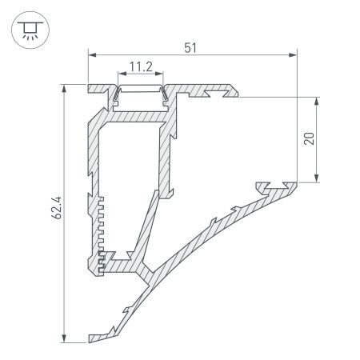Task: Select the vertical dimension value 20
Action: tap(310, 137)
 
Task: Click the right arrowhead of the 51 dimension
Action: tap(292, 55)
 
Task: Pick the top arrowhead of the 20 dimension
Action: tap(319, 100)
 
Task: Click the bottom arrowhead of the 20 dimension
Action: tap(319, 178)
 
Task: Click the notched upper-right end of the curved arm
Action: tap(276, 188)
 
